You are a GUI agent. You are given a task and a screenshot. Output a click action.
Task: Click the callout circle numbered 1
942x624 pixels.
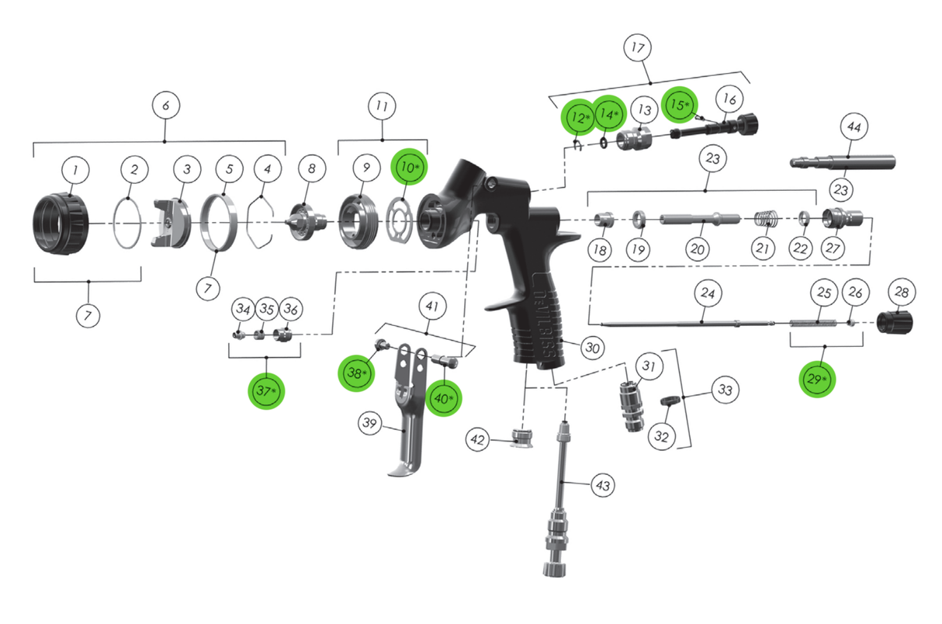pyautogui.click(x=75, y=169)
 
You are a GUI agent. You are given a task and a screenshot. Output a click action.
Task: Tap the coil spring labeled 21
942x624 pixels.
pyautogui.click(x=767, y=220)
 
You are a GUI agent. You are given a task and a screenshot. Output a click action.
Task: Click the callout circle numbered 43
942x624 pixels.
pyautogui.click(x=603, y=486)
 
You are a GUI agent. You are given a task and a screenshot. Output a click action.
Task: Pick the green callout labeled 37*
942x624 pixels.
pyautogui.click(x=266, y=390)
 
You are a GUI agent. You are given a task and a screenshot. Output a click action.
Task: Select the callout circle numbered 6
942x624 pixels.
pyautogui.click(x=166, y=104)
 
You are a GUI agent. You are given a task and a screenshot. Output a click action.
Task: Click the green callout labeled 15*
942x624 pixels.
pyautogui.click(x=681, y=105)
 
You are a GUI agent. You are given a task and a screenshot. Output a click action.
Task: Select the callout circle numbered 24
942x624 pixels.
pyautogui.click(x=707, y=294)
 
